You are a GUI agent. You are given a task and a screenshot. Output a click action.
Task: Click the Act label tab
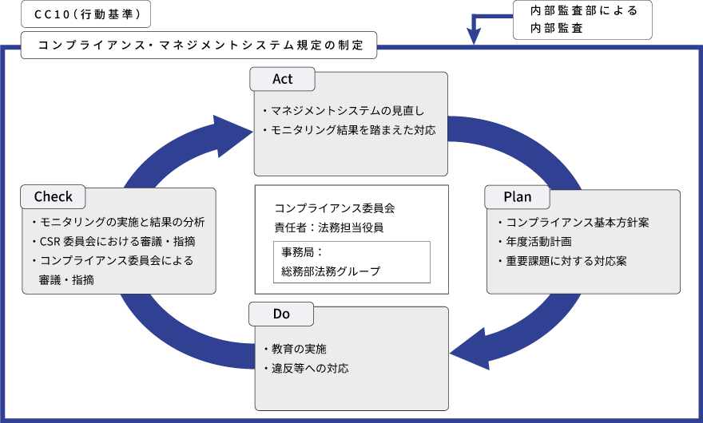click(283, 79)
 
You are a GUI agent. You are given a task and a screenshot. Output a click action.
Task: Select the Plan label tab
click(517, 196)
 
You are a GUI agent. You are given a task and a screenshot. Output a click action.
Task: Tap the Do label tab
click(281, 314)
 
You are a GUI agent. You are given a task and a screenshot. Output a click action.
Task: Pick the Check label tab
click(54, 196)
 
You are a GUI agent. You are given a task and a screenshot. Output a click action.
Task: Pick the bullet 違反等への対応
click(305, 369)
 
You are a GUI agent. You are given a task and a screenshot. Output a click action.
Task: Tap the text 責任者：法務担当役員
click(328, 227)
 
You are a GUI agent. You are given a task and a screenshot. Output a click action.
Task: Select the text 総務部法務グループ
click(331, 271)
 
